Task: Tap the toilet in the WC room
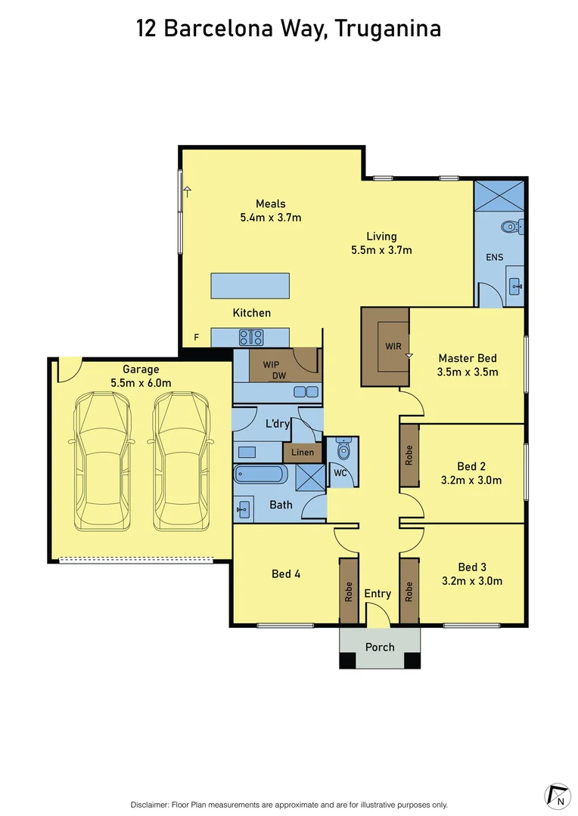pyautogui.click(x=343, y=451)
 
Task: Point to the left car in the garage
pyautogui.click(x=101, y=462)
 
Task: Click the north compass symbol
pyautogui.click(x=558, y=796)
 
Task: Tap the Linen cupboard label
pyautogui.click(x=303, y=453)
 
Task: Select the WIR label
pyautogui.click(x=393, y=347)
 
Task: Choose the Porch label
pyautogui.click(x=380, y=648)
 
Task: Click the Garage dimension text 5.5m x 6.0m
pyautogui.click(x=141, y=383)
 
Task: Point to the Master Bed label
pyautogui.click(x=468, y=358)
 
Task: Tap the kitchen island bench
pyautogui.click(x=250, y=286)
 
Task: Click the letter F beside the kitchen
pyautogui.click(x=196, y=338)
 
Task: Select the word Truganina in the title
pyautogui.click(x=388, y=29)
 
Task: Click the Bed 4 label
pyautogui.click(x=286, y=574)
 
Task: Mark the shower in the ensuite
pyautogui.click(x=499, y=195)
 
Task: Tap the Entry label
pyautogui.click(x=378, y=594)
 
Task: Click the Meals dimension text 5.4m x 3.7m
pyautogui.click(x=270, y=218)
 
